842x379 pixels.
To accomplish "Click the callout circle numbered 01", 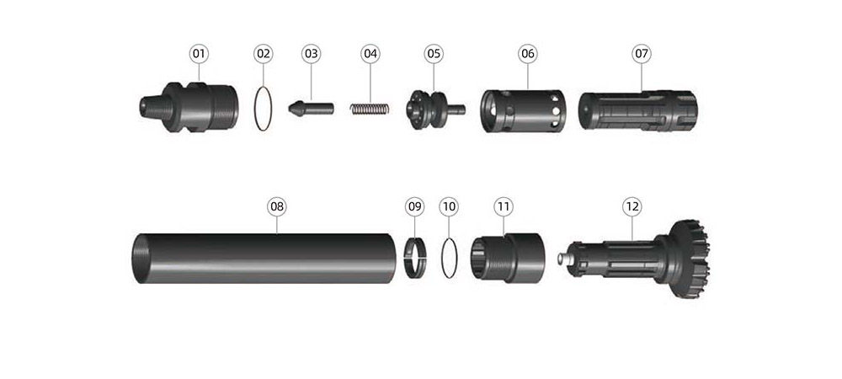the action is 200,54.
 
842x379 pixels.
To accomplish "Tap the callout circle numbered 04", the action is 370,54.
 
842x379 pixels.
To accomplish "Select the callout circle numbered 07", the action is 641,54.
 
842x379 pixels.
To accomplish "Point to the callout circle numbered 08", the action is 276,206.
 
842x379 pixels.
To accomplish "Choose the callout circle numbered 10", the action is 449,206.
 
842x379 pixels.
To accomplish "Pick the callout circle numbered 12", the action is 632,206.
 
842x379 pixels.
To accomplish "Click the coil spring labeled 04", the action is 370,109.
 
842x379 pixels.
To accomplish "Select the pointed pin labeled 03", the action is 311,109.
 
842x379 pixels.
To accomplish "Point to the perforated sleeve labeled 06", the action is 522,110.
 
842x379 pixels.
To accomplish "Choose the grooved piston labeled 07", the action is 637,110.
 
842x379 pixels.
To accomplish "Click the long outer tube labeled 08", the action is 264,259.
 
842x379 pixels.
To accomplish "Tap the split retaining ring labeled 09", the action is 415,259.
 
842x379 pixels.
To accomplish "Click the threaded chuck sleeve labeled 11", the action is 508,257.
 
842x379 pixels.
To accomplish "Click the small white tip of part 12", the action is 563,259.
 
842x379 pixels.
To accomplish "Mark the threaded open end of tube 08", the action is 141,259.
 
